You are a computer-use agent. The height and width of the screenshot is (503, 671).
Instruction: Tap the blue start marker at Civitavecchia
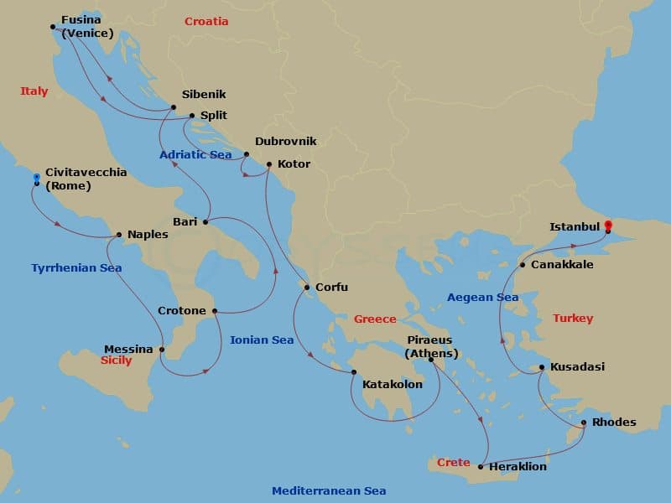click(37, 178)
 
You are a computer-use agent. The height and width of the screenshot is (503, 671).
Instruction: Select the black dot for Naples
click(119, 235)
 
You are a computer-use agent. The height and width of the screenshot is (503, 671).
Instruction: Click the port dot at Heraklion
click(480, 466)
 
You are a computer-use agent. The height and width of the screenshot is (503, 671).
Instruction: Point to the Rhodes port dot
click(584, 423)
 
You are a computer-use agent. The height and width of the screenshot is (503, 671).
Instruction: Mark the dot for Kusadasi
click(542, 367)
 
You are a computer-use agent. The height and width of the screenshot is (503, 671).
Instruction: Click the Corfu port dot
click(308, 288)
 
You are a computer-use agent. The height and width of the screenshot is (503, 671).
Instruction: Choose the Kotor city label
click(294, 164)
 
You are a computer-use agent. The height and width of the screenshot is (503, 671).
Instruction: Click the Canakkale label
click(563, 265)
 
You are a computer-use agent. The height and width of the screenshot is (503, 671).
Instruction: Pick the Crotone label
click(182, 311)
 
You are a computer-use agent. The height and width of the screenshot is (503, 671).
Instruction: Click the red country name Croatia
click(206, 22)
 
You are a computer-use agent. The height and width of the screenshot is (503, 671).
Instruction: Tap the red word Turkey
click(573, 319)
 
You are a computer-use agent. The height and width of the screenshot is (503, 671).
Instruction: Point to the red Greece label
click(375, 319)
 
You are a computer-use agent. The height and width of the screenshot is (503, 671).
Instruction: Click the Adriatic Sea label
click(195, 155)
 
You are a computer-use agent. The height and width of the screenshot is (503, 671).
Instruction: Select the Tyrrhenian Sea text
click(76, 268)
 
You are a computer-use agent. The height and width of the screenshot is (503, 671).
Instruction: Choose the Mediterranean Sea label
click(329, 491)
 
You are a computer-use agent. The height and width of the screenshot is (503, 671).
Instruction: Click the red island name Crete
click(453, 463)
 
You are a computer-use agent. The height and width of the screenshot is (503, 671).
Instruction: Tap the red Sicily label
click(115, 360)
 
